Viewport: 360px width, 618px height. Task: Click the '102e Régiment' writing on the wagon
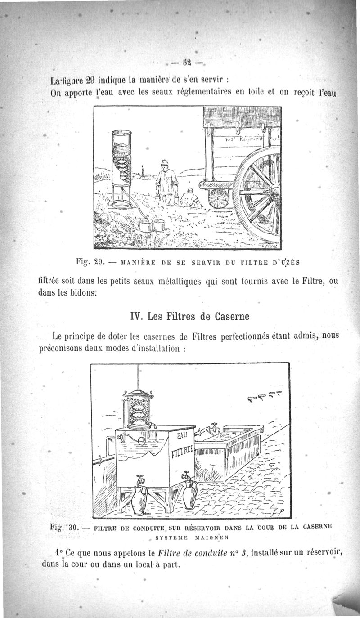coord(246,141)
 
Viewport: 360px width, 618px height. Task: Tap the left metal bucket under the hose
coord(145,224)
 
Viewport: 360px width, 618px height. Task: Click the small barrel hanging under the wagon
coord(219,197)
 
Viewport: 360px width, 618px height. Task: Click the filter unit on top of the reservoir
coord(138,408)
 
